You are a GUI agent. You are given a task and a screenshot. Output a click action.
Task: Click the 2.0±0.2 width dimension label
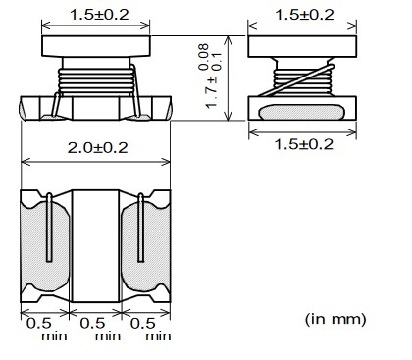coord(97,148)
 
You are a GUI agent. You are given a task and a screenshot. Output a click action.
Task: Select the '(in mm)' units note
coord(335,319)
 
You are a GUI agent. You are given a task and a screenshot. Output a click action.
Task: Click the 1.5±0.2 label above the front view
coord(99,15)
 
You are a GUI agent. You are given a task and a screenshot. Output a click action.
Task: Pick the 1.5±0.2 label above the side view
coord(304,15)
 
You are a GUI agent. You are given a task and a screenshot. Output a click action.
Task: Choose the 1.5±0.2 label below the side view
coord(304,144)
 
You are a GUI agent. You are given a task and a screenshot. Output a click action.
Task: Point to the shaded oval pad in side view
coord(301,112)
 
